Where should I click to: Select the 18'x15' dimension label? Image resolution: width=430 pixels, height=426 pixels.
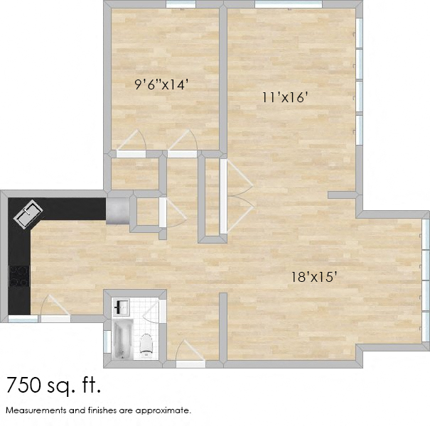pos(313,276)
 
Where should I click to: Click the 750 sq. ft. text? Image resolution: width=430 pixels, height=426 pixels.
pos(54,386)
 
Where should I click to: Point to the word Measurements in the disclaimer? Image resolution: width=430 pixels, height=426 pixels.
pos(36,410)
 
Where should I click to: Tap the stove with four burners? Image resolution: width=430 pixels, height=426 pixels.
pos(18,275)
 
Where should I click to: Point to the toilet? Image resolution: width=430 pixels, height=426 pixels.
pos(147,344)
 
